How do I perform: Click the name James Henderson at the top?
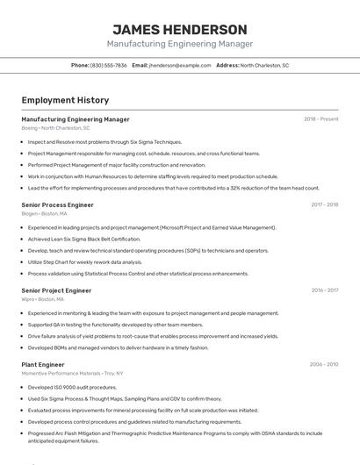click(180, 29)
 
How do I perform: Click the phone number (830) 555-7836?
click(108, 65)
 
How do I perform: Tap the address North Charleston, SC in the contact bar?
click(264, 65)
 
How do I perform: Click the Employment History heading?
click(65, 100)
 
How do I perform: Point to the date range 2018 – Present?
click(321, 119)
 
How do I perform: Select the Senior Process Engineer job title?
click(57, 204)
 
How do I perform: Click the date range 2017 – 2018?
click(325, 204)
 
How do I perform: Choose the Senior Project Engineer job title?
click(56, 290)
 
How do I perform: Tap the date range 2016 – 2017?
click(325, 290)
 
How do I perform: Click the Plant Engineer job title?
click(43, 364)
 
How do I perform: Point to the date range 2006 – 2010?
click(324, 364)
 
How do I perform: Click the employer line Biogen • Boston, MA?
click(44, 213)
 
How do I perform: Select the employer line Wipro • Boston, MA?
click(42, 299)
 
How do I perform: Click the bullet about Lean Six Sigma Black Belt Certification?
click(83, 239)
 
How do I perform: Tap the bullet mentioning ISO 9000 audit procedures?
click(72, 387)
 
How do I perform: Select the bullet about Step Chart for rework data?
click(84, 261)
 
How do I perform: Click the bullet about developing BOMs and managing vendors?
click(118, 347)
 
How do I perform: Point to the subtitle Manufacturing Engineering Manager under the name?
click(180, 44)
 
